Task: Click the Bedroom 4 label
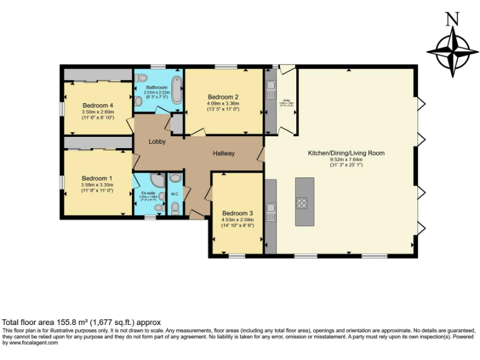(97, 106)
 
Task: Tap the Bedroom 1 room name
(97, 177)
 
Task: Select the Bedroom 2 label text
(223, 97)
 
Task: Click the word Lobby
(157, 142)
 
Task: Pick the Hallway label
(223, 153)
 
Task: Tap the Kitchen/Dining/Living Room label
(346, 152)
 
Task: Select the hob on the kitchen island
(302, 202)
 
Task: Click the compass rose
(449, 51)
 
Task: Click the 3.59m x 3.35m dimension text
(97, 185)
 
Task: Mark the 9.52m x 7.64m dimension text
(346, 159)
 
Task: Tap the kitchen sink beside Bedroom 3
(270, 208)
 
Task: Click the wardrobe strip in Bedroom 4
(97, 75)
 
